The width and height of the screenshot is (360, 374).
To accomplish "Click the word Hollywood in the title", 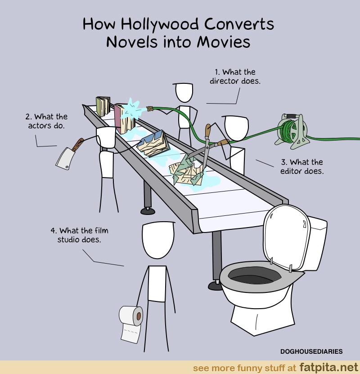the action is tap(160, 25).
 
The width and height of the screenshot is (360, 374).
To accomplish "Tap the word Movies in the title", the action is tap(224, 42).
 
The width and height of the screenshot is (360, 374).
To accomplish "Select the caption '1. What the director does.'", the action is tap(235, 77).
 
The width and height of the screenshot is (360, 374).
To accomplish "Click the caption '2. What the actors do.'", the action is tap(46, 121).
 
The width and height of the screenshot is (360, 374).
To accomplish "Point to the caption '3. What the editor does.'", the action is tap(302, 166).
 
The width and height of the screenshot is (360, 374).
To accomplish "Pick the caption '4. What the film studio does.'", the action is tap(79, 235).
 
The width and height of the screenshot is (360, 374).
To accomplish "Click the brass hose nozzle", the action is tap(149, 109).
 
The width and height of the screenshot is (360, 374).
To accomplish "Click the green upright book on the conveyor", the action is tap(103, 106).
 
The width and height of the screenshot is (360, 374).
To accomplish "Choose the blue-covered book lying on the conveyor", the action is tap(153, 144).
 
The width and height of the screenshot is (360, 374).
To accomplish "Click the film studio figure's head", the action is tap(158, 240).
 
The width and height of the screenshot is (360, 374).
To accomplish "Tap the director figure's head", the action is tap(184, 92).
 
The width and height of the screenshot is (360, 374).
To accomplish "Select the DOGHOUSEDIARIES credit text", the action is tap(311, 351).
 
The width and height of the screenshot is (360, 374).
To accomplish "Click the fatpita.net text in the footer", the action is tap(328, 367).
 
